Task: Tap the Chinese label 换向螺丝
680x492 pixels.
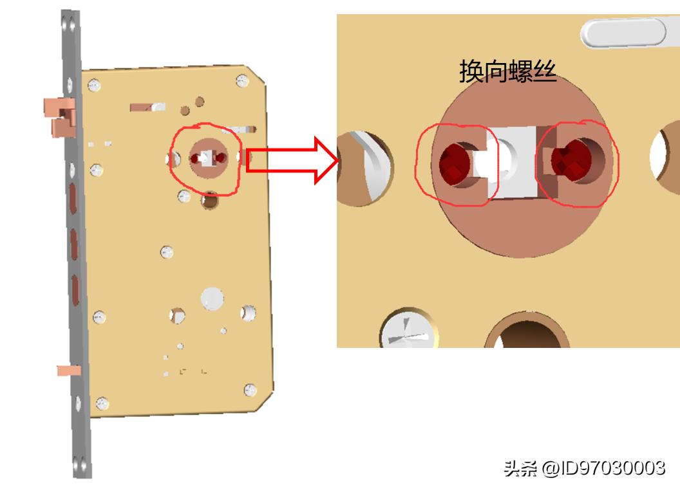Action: point(507,71)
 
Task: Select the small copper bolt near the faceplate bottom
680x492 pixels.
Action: point(68,370)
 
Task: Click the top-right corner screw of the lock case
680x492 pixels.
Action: point(242,80)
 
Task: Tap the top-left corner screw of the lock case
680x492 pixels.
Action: point(95,84)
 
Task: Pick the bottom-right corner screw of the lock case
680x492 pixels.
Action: point(249,390)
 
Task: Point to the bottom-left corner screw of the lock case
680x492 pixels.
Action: point(101,404)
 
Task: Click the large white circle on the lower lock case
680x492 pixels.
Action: point(212,297)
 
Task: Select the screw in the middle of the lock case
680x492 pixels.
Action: point(167,251)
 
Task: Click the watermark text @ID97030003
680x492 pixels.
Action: point(603,468)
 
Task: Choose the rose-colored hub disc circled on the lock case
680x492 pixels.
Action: point(205,158)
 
